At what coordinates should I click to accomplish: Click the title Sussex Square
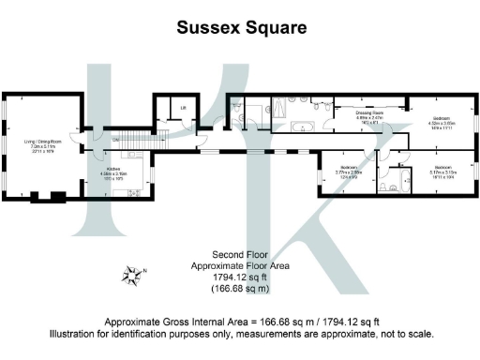[239, 28]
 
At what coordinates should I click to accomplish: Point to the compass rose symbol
[132, 275]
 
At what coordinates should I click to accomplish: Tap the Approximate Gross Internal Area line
[240, 320]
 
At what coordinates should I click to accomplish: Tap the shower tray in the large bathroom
[254, 118]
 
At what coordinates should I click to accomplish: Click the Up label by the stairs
[114, 140]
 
